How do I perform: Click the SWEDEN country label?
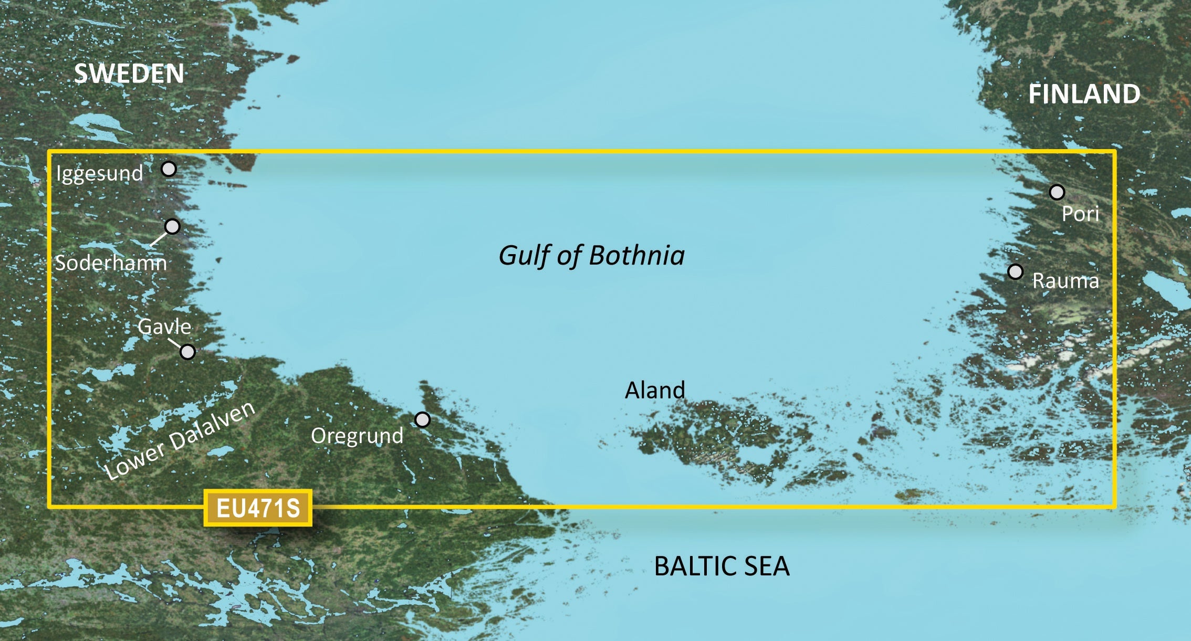coord(129,73)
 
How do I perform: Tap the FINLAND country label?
coord(1084,94)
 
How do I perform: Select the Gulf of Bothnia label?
coord(592,256)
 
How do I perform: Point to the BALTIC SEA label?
coord(722,566)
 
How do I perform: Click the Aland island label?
coord(655,390)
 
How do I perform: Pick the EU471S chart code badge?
coord(258,508)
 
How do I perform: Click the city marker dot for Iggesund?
coord(169,169)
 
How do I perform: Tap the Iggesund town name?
coord(100,174)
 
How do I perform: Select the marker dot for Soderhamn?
coord(172,226)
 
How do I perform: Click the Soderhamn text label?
coord(111,263)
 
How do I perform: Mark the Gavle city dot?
coord(187,352)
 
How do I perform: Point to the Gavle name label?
coord(164,327)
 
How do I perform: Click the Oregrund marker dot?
coord(422,419)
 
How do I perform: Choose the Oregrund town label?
coord(357,436)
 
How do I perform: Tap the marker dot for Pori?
coord(1057,192)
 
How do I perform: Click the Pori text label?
coord(1080,214)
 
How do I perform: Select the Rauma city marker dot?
coord(1016,272)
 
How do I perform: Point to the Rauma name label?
coord(1065,281)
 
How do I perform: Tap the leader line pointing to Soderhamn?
coord(159,239)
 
